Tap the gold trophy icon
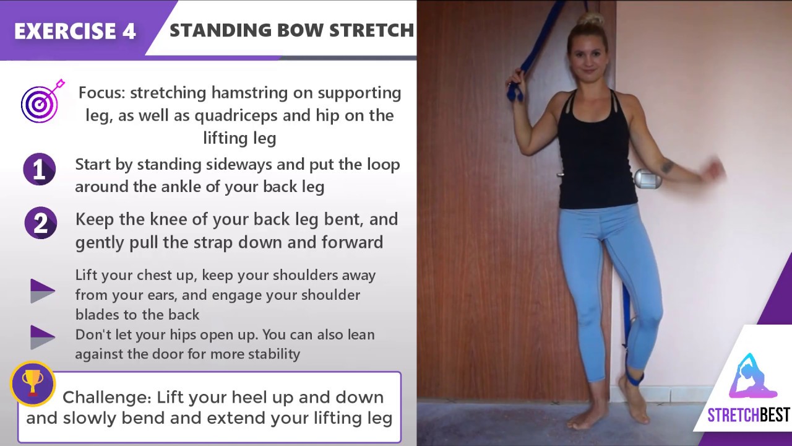32,383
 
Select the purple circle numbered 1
40,169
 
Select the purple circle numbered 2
40,224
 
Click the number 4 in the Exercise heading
129,31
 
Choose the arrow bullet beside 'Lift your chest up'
42,291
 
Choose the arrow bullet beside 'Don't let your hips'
42,336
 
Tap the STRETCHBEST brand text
748,415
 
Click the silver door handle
647,178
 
